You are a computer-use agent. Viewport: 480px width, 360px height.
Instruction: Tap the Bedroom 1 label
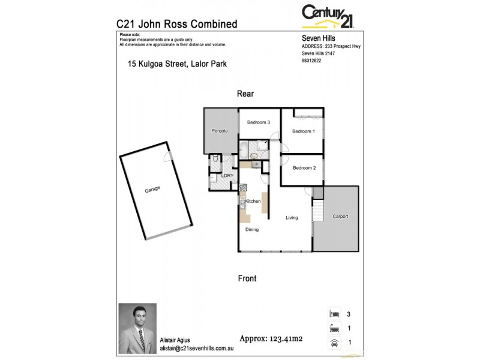click(x=303, y=131)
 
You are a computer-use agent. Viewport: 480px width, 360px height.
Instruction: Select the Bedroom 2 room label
click(x=304, y=167)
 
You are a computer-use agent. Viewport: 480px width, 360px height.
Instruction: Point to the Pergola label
click(x=218, y=131)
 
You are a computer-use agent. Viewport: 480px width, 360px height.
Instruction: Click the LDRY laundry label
click(x=227, y=175)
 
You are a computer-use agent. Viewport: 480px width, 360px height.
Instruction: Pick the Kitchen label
click(x=253, y=201)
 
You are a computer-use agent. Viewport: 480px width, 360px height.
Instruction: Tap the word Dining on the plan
click(x=252, y=229)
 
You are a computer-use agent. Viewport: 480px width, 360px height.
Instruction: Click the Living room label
click(x=292, y=217)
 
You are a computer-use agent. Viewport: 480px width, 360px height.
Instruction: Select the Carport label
click(x=340, y=216)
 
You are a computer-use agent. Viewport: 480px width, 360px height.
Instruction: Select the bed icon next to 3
click(x=334, y=313)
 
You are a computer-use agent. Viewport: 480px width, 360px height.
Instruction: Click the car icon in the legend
click(x=334, y=343)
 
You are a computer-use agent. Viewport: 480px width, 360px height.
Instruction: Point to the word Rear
click(x=246, y=94)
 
